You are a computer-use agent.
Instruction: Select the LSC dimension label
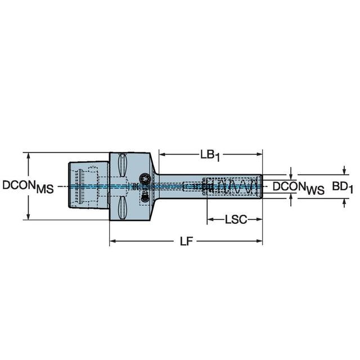(235, 219)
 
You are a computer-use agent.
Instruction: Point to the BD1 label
(341, 187)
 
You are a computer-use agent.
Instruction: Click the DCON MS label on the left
(28, 187)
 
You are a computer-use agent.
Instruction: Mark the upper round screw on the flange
(145, 177)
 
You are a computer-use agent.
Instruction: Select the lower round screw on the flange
(145, 195)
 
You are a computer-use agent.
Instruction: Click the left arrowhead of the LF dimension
(112, 241)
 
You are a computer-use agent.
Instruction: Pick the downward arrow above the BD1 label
(344, 171)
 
